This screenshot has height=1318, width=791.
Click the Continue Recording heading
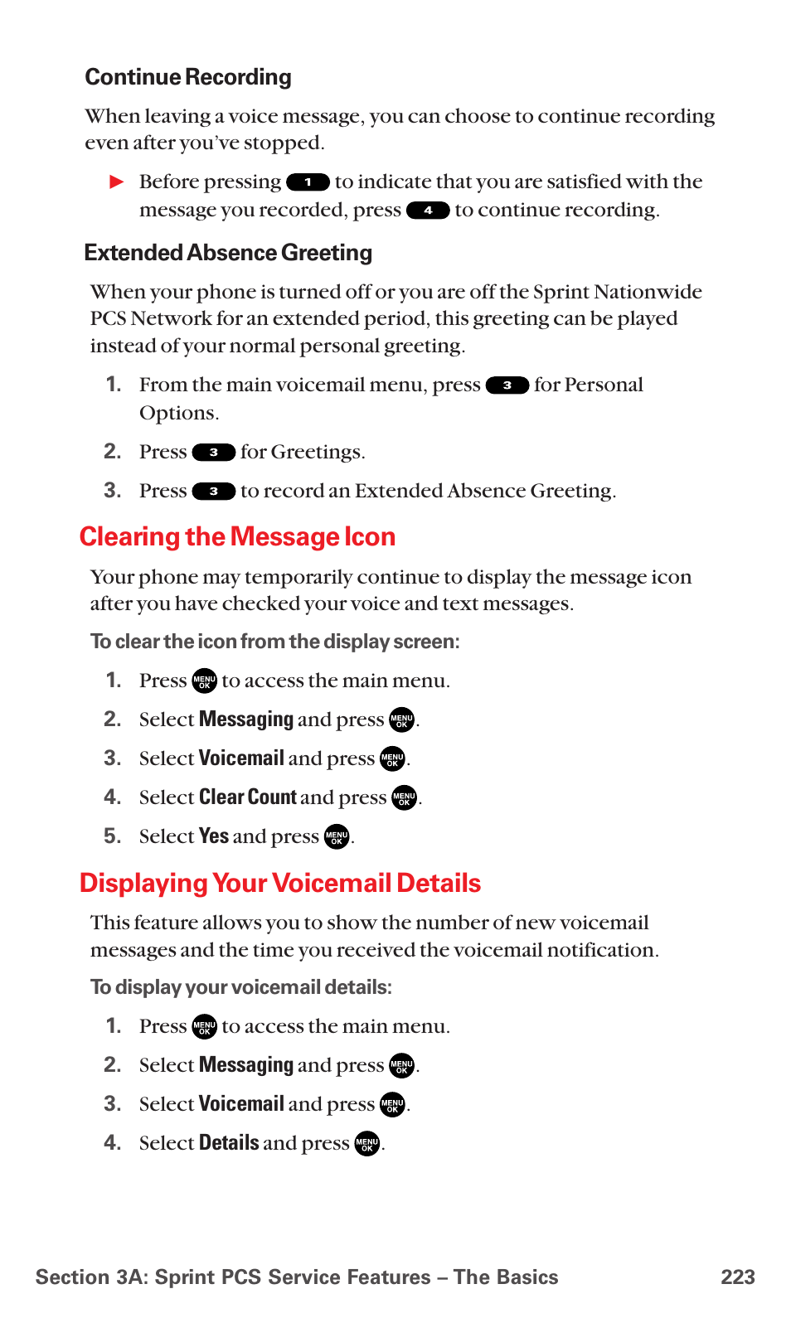tap(188, 77)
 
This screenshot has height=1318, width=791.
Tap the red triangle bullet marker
tap(117, 182)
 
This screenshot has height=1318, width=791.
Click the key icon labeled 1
tap(308, 182)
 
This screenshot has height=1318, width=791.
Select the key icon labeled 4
tap(428, 211)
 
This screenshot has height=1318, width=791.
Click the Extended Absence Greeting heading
tap(228, 253)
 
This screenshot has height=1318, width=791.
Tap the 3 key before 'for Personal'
tap(507, 385)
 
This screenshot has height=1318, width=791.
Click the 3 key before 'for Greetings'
tap(213, 453)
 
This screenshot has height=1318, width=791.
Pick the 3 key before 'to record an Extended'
tap(213, 492)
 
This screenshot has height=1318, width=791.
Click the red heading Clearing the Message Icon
tap(237, 537)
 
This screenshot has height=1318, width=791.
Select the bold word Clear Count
tap(247, 797)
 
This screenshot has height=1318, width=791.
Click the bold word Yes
tap(213, 836)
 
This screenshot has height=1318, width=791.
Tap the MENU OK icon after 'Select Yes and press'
tap(337, 837)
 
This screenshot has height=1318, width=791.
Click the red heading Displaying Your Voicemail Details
tap(280, 884)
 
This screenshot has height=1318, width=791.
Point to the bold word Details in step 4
tap(229, 1143)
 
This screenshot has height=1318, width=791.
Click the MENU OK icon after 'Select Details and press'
tap(366, 1144)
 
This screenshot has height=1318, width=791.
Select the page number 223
tap(737, 1277)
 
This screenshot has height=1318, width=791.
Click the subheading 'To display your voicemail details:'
tap(240, 987)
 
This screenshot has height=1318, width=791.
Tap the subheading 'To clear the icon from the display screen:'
tap(274, 642)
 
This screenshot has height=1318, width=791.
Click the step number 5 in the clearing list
tap(112, 836)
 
